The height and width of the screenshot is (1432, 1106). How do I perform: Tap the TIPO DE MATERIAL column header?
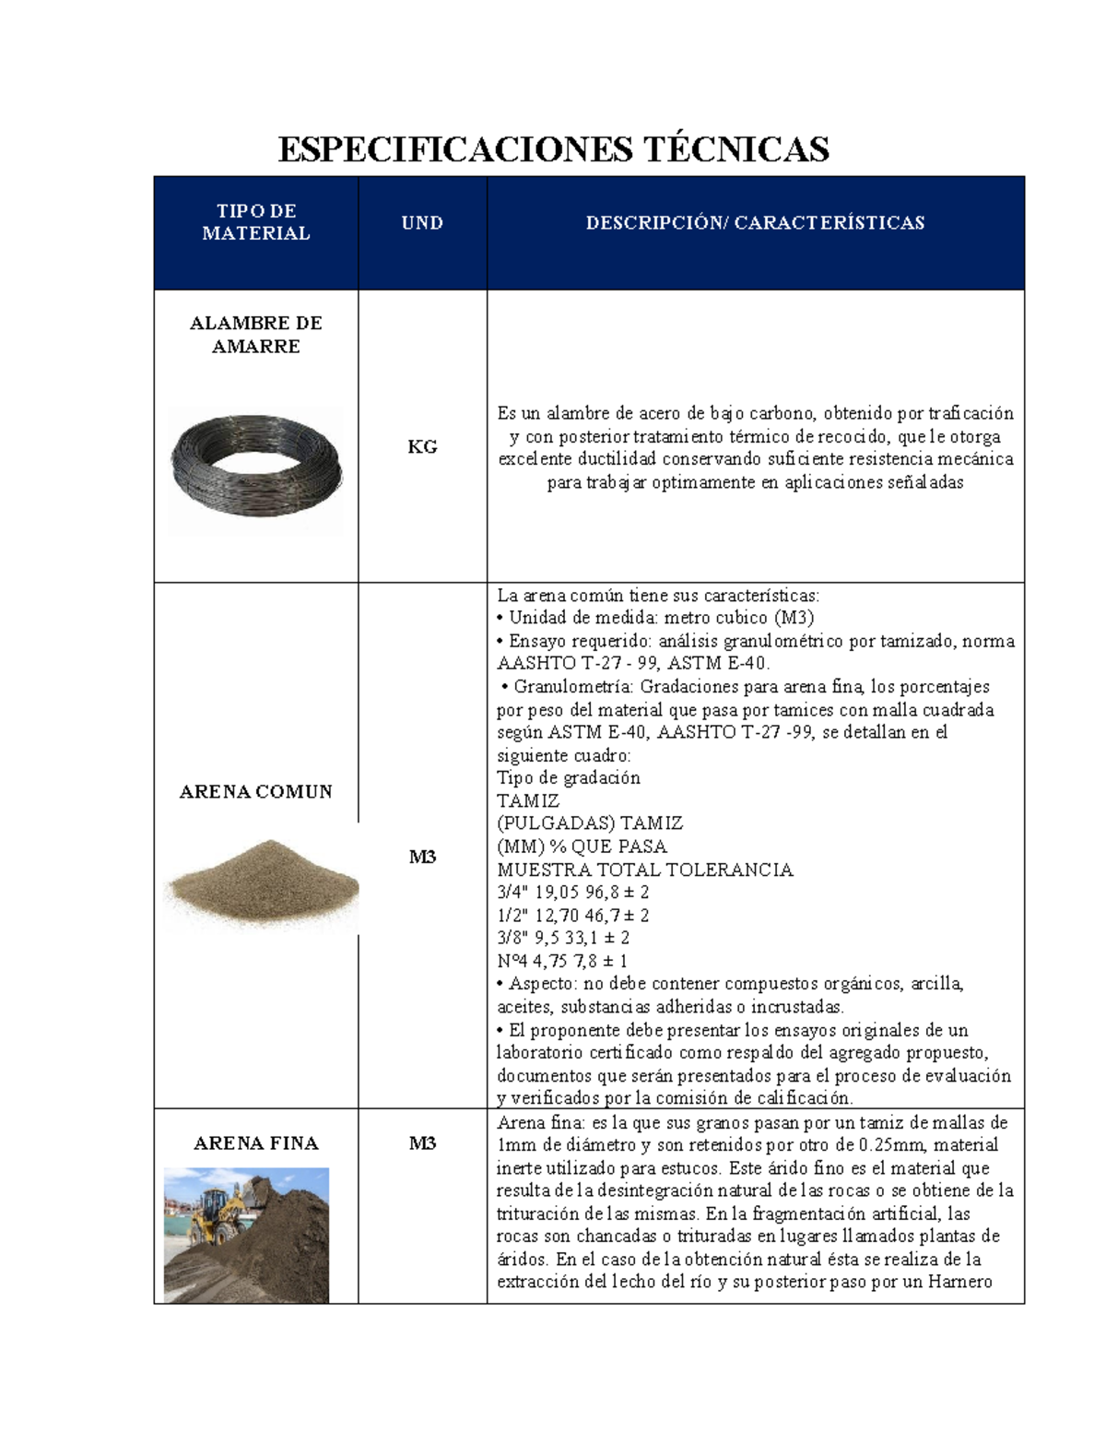(x=256, y=222)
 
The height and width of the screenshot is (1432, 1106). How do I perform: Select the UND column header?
(x=422, y=222)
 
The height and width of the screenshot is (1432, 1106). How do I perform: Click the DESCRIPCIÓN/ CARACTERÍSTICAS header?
(x=755, y=222)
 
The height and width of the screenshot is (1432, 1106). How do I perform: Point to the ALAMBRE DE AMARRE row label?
(x=256, y=335)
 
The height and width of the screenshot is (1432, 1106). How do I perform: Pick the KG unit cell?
(x=422, y=447)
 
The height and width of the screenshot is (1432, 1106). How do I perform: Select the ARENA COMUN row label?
(x=256, y=792)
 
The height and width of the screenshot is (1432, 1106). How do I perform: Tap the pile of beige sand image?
(x=262, y=881)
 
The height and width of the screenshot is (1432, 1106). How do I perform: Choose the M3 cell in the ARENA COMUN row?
(x=422, y=858)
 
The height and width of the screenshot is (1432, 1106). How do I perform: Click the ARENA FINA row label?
(x=256, y=1143)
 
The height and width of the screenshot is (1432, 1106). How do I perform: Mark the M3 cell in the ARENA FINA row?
(x=422, y=1143)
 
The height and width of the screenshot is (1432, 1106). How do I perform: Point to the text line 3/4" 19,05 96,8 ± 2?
(x=572, y=893)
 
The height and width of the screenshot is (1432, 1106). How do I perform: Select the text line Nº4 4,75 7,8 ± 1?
(x=561, y=961)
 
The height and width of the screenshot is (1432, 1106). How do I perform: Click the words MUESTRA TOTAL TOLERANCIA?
(x=644, y=870)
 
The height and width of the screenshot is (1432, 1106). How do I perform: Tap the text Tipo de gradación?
(x=568, y=777)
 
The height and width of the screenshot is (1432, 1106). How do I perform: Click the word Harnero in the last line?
(x=959, y=1282)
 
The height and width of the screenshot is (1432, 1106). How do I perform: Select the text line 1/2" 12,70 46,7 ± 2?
(x=572, y=916)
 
